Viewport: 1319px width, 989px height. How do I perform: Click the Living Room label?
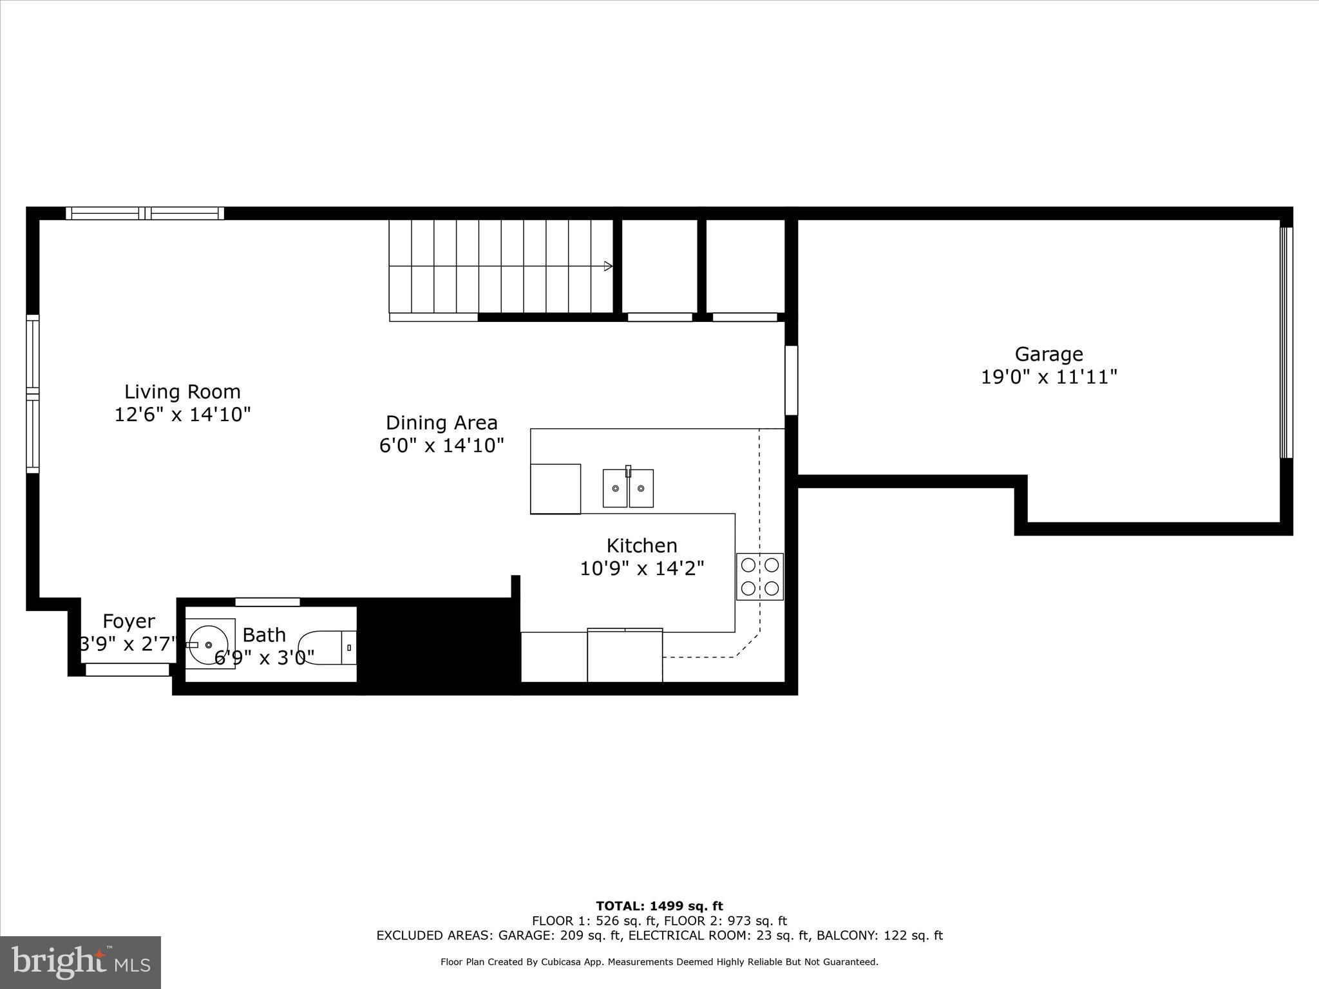[182, 391]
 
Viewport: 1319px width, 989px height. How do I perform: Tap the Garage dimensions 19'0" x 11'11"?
[1049, 377]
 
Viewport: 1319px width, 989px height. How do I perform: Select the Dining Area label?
[441, 423]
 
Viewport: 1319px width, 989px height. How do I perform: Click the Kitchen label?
[641, 546]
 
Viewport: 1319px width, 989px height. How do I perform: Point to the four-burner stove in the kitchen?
[760, 576]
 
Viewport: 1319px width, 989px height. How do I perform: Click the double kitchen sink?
[628, 488]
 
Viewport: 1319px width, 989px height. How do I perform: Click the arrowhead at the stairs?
[608, 266]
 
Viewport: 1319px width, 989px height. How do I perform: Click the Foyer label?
[129, 621]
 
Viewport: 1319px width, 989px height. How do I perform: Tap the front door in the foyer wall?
[128, 670]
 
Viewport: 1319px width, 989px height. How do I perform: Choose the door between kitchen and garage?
[791, 380]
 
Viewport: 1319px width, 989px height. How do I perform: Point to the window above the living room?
[145, 213]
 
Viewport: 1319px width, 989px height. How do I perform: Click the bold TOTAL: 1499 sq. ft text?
[659, 907]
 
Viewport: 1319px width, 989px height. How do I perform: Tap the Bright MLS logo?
[81, 962]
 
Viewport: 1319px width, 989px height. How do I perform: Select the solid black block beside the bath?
[438, 644]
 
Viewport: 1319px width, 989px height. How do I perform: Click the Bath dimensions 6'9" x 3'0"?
[264, 657]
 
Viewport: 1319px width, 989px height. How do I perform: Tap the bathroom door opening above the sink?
[267, 602]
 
